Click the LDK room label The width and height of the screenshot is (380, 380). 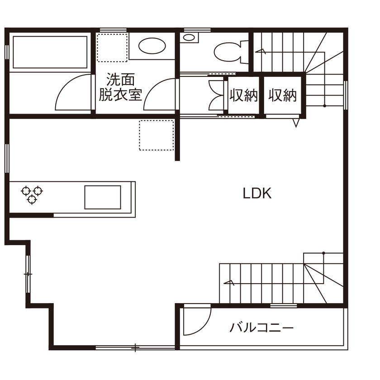point(257,194)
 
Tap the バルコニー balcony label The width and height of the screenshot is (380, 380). point(261,327)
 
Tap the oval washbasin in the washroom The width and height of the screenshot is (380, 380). point(152,46)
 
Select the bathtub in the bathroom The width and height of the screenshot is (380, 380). point(50,52)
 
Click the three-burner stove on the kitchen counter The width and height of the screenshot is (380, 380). point(32,194)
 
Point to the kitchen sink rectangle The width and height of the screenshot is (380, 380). point(103,197)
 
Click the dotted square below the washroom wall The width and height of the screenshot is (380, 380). point(157,135)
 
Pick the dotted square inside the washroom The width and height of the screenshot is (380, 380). point(113,47)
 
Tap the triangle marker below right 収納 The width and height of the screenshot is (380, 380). point(296,122)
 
